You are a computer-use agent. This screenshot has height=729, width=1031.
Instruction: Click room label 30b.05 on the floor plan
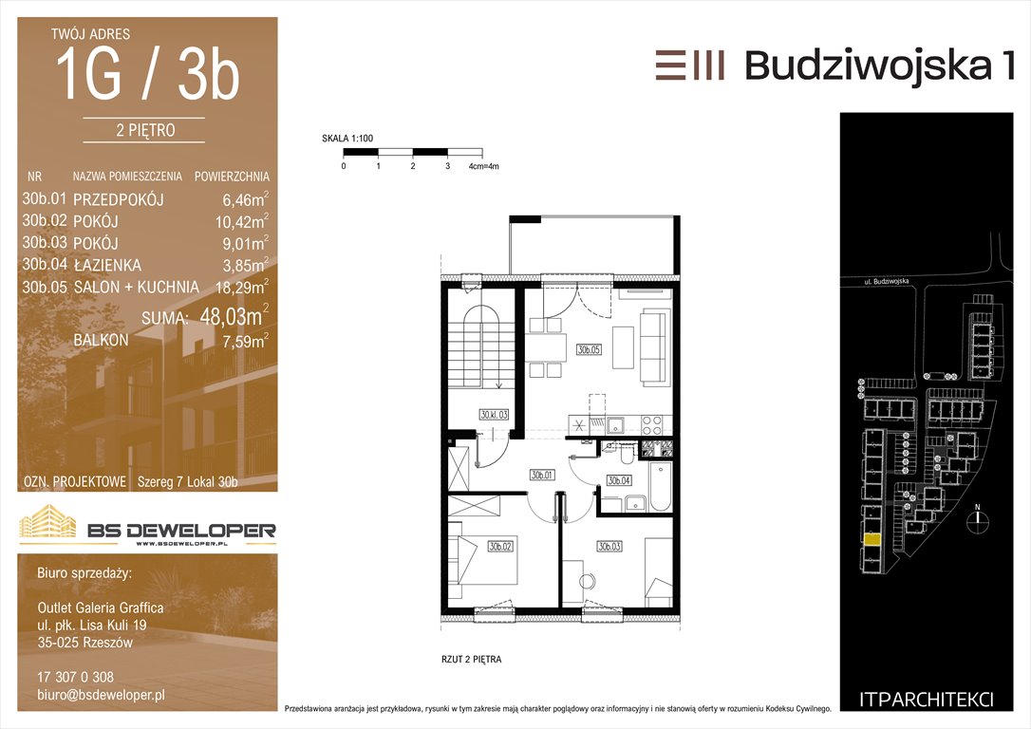(x=590, y=349)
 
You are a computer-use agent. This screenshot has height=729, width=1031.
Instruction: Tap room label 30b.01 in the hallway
(x=542, y=475)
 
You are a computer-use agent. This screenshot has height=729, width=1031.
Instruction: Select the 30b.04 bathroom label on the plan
(x=619, y=480)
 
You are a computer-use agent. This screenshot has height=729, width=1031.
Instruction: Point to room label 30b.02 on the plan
(x=500, y=546)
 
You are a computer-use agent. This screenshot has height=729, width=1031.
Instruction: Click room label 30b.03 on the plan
(x=609, y=546)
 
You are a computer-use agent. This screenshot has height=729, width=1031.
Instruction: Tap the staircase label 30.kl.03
(x=494, y=415)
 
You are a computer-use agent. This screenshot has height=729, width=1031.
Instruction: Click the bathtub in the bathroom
(x=660, y=486)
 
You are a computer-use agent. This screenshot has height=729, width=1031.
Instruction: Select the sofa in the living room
(x=653, y=346)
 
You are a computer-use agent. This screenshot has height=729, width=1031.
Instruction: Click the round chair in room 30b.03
(x=586, y=582)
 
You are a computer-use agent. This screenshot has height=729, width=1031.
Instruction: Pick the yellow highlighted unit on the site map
(x=872, y=540)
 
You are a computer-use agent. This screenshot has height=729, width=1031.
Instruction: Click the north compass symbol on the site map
(x=978, y=517)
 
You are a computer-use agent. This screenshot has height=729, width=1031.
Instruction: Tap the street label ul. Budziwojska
(x=887, y=282)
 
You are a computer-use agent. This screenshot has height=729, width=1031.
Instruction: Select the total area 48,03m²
(x=234, y=316)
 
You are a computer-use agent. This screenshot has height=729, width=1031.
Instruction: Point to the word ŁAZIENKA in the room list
(x=107, y=265)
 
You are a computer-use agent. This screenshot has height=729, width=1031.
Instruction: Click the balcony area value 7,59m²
(x=245, y=341)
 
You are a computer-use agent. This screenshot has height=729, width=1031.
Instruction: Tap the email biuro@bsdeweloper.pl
(x=102, y=695)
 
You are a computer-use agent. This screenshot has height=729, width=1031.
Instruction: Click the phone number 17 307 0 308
(x=76, y=677)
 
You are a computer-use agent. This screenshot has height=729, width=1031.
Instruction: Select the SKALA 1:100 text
(x=347, y=139)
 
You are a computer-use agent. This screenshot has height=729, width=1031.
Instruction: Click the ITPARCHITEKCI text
(x=927, y=700)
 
